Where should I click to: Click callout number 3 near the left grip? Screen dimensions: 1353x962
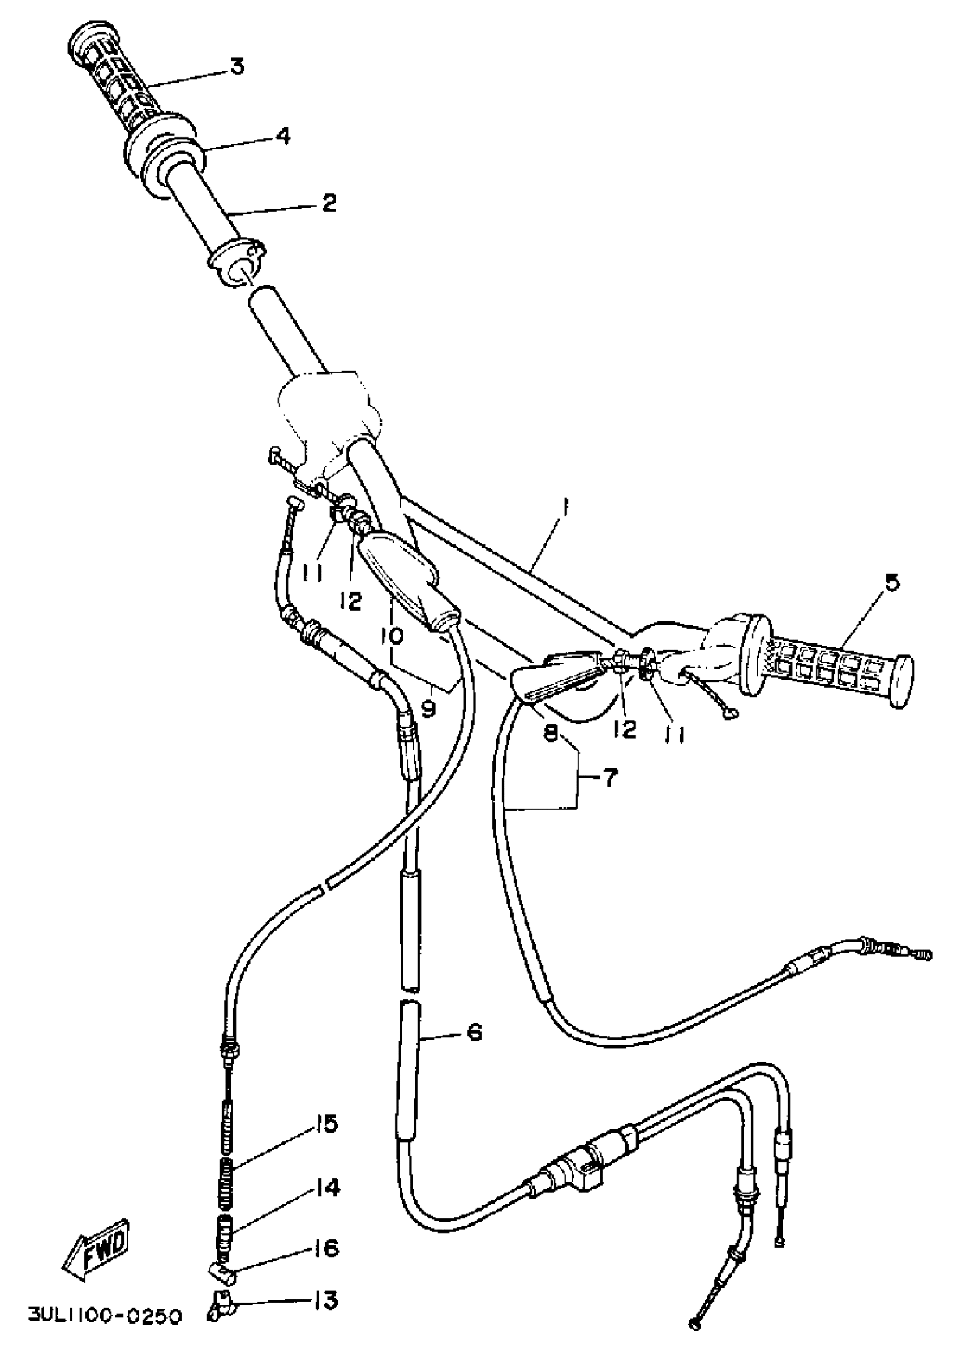point(237,66)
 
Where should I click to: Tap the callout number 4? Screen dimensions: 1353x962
point(282,137)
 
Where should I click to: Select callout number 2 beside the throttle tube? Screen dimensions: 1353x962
point(329,203)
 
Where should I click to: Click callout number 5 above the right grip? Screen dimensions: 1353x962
point(892,582)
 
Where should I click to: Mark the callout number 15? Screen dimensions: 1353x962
point(325,1123)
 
